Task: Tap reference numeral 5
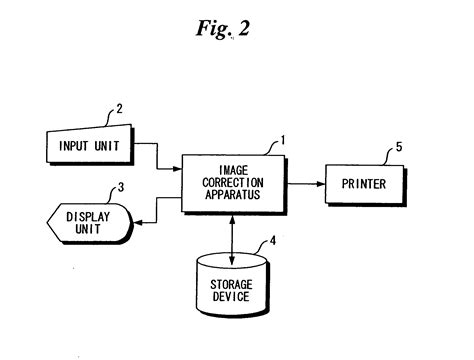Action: [398, 147]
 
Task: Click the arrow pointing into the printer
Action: [318, 183]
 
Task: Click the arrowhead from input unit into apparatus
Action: [176, 166]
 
